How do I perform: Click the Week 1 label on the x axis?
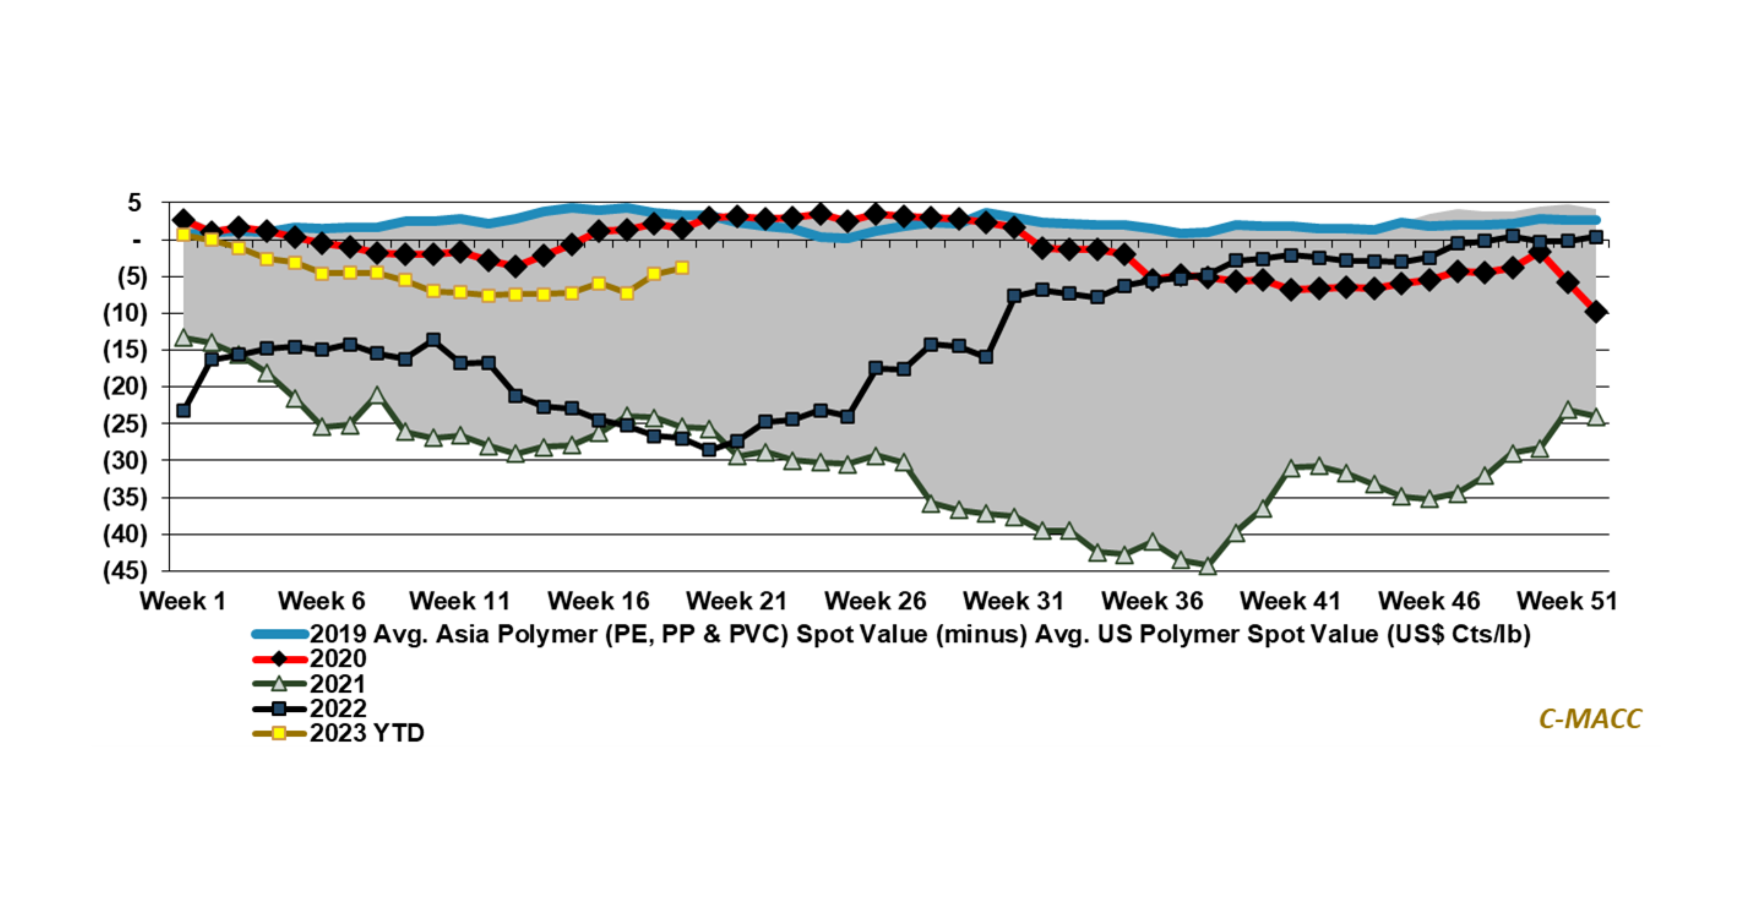click(x=182, y=601)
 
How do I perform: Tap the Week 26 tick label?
click(x=876, y=601)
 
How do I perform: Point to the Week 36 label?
click(x=1152, y=601)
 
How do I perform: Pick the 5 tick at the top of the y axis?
click(x=135, y=203)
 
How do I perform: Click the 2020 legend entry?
click(x=338, y=659)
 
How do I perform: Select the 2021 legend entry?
click(x=338, y=684)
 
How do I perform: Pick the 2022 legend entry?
click(x=338, y=709)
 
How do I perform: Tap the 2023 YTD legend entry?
click(x=367, y=733)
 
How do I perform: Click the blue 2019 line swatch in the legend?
click(x=279, y=634)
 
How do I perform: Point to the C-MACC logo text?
click(x=1590, y=718)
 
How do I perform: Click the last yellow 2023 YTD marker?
click(x=682, y=268)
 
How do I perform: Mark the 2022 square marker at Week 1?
click(x=183, y=411)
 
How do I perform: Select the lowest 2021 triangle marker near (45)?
click(x=1208, y=566)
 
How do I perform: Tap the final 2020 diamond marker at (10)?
click(x=1595, y=312)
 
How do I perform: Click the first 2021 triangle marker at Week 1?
click(x=183, y=337)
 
